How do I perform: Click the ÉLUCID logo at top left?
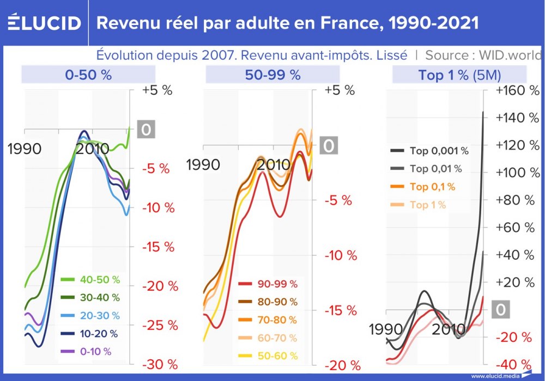click(44, 22)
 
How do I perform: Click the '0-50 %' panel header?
click(88, 75)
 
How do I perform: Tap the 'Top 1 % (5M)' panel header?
click(459, 75)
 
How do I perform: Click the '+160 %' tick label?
click(516, 90)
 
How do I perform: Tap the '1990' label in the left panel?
click(25, 149)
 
